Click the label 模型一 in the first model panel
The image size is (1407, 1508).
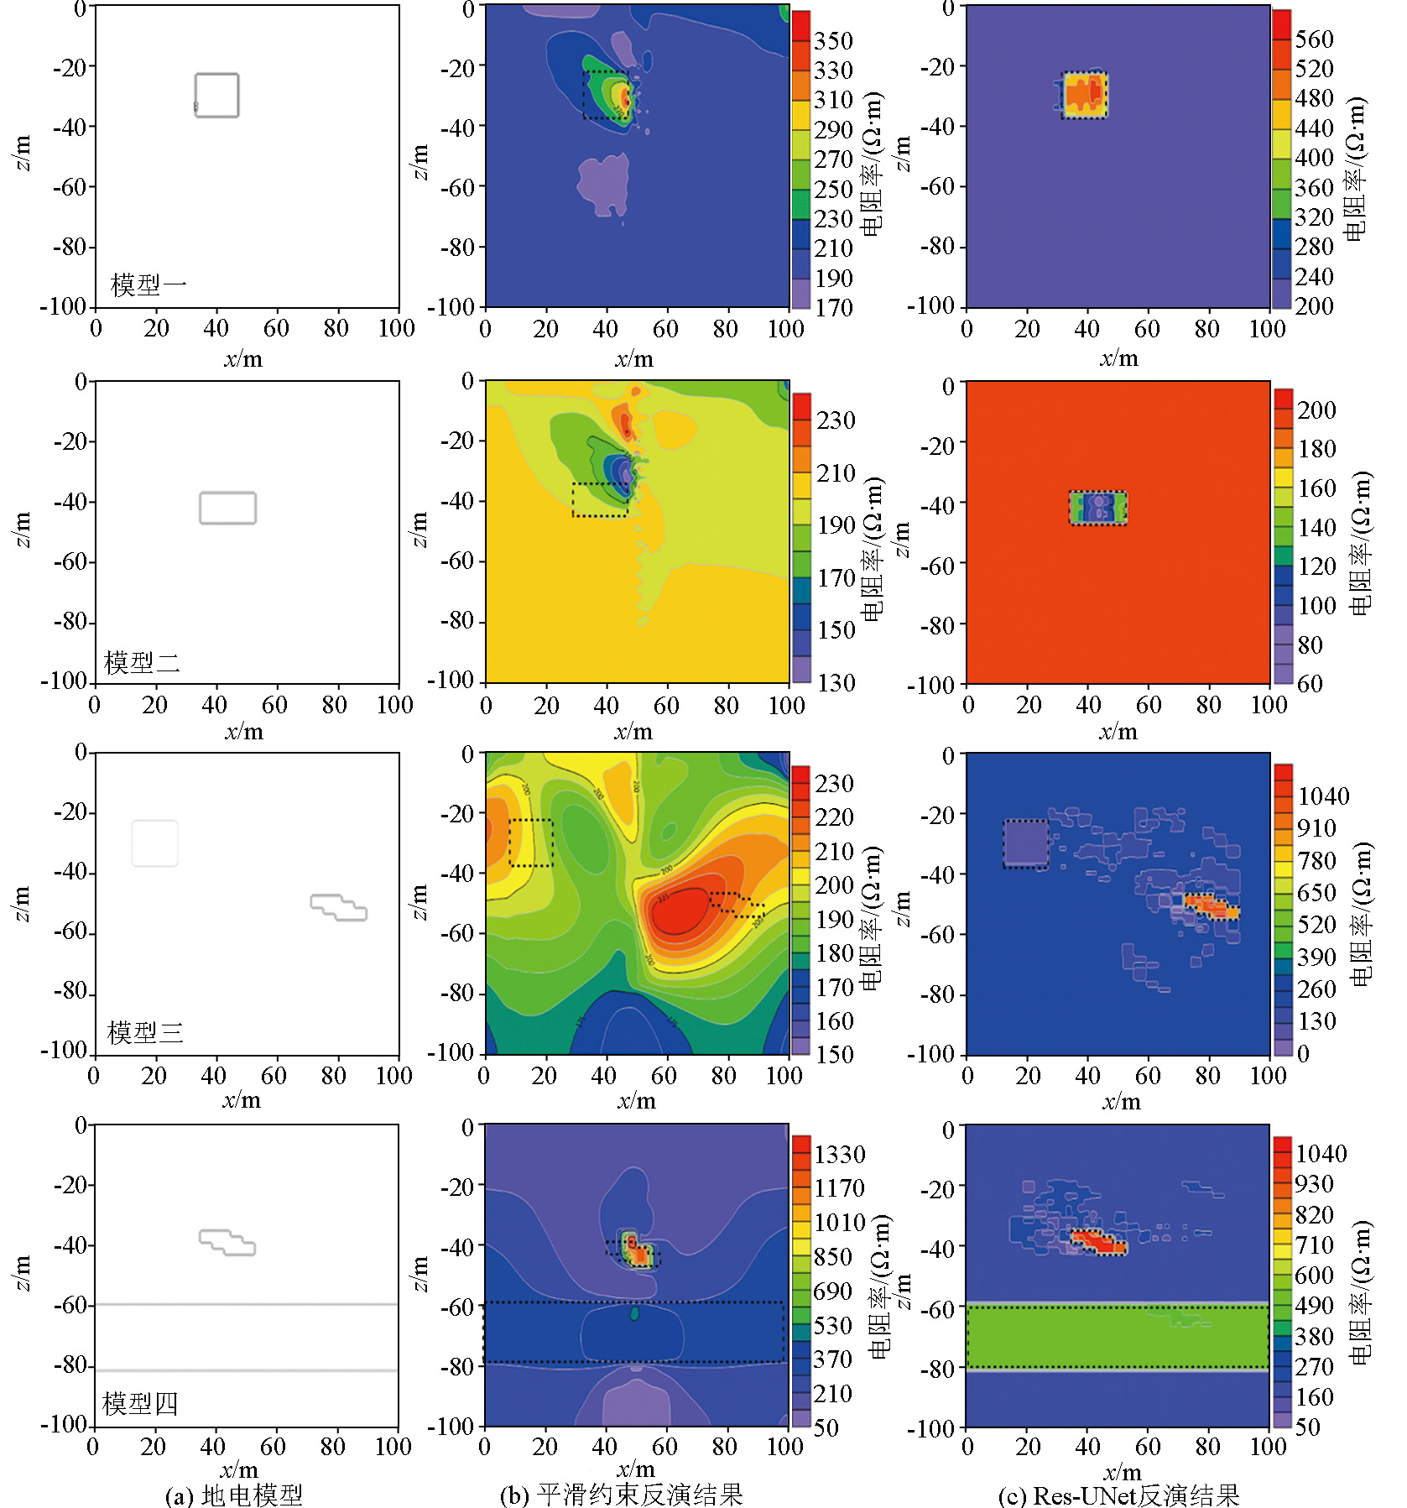click(149, 285)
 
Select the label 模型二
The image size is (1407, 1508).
click(142, 662)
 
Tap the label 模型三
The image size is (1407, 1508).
click(145, 1032)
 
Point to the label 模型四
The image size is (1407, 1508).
click(140, 1403)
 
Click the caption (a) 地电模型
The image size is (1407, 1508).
click(234, 1494)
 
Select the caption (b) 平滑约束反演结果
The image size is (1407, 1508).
click(621, 1494)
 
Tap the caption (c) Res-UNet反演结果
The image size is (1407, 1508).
click(1118, 1494)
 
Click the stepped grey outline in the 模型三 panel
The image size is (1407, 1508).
click(338, 907)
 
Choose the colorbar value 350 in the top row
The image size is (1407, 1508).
click(833, 40)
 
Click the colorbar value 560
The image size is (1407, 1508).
click(1314, 39)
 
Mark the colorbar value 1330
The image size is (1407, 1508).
click(839, 1154)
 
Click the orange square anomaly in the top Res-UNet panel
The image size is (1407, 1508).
click(1085, 93)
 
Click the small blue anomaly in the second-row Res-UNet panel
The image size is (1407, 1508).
click(1098, 507)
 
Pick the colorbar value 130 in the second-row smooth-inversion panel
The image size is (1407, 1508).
click(836, 682)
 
